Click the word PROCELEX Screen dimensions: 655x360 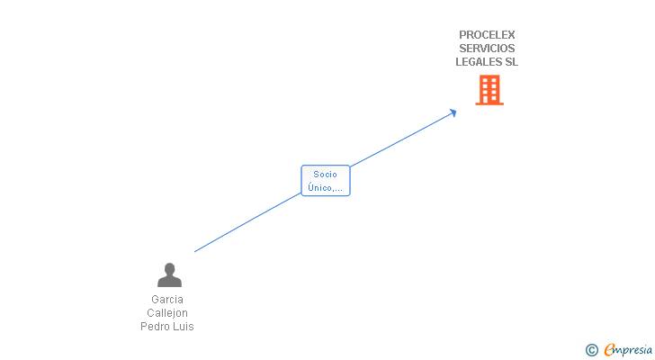(x=487, y=35)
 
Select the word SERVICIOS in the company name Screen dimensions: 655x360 (x=487, y=49)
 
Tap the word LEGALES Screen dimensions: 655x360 (x=479, y=62)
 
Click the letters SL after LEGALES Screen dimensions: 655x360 (x=512, y=62)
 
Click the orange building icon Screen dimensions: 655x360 (x=489, y=90)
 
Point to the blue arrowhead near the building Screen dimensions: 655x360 (x=453, y=112)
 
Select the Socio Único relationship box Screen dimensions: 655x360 (x=326, y=180)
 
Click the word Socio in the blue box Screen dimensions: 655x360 (x=325, y=175)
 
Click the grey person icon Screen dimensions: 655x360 (x=169, y=274)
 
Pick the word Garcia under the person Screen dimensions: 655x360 (x=167, y=300)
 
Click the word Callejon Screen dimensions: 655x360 (x=167, y=313)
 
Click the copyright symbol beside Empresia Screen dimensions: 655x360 (x=591, y=350)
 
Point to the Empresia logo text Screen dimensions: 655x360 (x=628, y=350)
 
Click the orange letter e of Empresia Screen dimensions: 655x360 (x=610, y=349)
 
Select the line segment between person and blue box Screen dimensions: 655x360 (x=247, y=222)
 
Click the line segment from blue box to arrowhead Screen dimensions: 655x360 (x=401, y=139)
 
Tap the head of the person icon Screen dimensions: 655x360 (x=169, y=269)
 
